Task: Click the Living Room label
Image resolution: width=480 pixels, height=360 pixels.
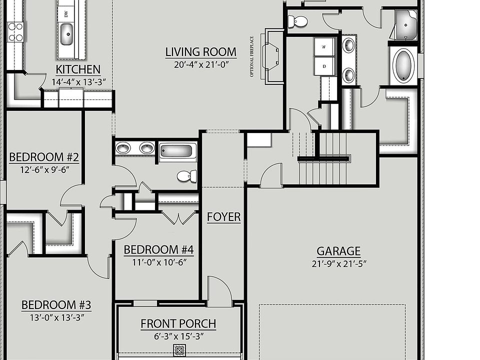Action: [x=201, y=51]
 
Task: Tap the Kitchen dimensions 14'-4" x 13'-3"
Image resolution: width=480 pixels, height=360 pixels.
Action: [x=78, y=82]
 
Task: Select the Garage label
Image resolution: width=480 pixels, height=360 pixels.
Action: [x=338, y=251]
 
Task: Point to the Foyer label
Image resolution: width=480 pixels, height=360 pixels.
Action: [x=224, y=216]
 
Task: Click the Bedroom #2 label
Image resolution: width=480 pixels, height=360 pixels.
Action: [x=44, y=157]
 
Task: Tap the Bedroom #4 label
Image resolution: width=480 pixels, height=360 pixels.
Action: [x=158, y=250]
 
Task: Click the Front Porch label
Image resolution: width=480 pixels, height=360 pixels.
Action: [x=178, y=323]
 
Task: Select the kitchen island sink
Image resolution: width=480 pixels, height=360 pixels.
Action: [x=66, y=34]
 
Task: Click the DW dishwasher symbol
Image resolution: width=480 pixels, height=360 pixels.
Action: [x=66, y=13]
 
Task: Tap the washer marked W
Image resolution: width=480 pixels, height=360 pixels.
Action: [x=324, y=47]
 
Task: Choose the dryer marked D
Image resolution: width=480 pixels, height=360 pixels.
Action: [x=324, y=66]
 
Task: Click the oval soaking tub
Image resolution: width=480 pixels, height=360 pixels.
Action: [x=403, y=65]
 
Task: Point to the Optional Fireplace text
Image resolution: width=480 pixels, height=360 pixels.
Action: [x=252, y=56]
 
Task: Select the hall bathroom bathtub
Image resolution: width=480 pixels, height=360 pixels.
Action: [x=177, y=151]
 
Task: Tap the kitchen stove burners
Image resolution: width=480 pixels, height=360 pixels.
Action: [x=16, y=32]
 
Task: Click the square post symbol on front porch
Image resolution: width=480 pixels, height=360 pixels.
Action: [x=179, y=350]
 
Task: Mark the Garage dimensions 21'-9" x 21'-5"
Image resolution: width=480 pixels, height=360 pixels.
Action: [x=339, y=264]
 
